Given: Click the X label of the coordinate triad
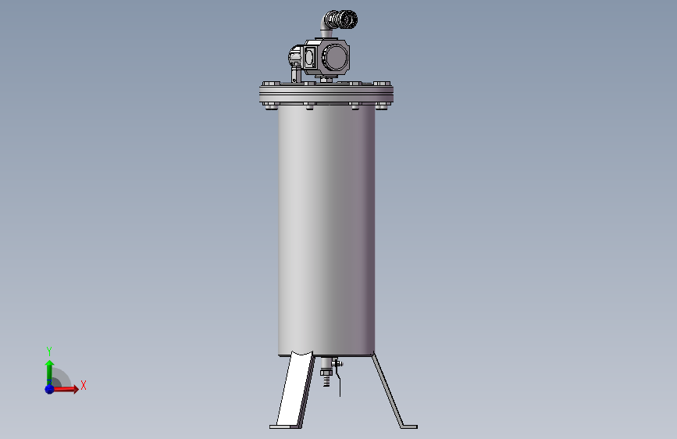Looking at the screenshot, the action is pos(84,385).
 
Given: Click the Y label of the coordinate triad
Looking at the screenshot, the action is pos(49,352).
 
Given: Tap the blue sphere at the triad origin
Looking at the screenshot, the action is pos(50,389).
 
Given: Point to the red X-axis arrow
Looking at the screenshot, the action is pos(64,389).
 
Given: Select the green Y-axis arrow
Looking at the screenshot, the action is pos(50,373).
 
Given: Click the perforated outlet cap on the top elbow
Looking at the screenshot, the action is pos(345,20).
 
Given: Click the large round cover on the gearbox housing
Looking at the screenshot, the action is pos(334,58).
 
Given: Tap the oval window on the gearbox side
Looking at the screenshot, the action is pos(309,58).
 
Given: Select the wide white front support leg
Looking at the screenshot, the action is pos(296,388).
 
